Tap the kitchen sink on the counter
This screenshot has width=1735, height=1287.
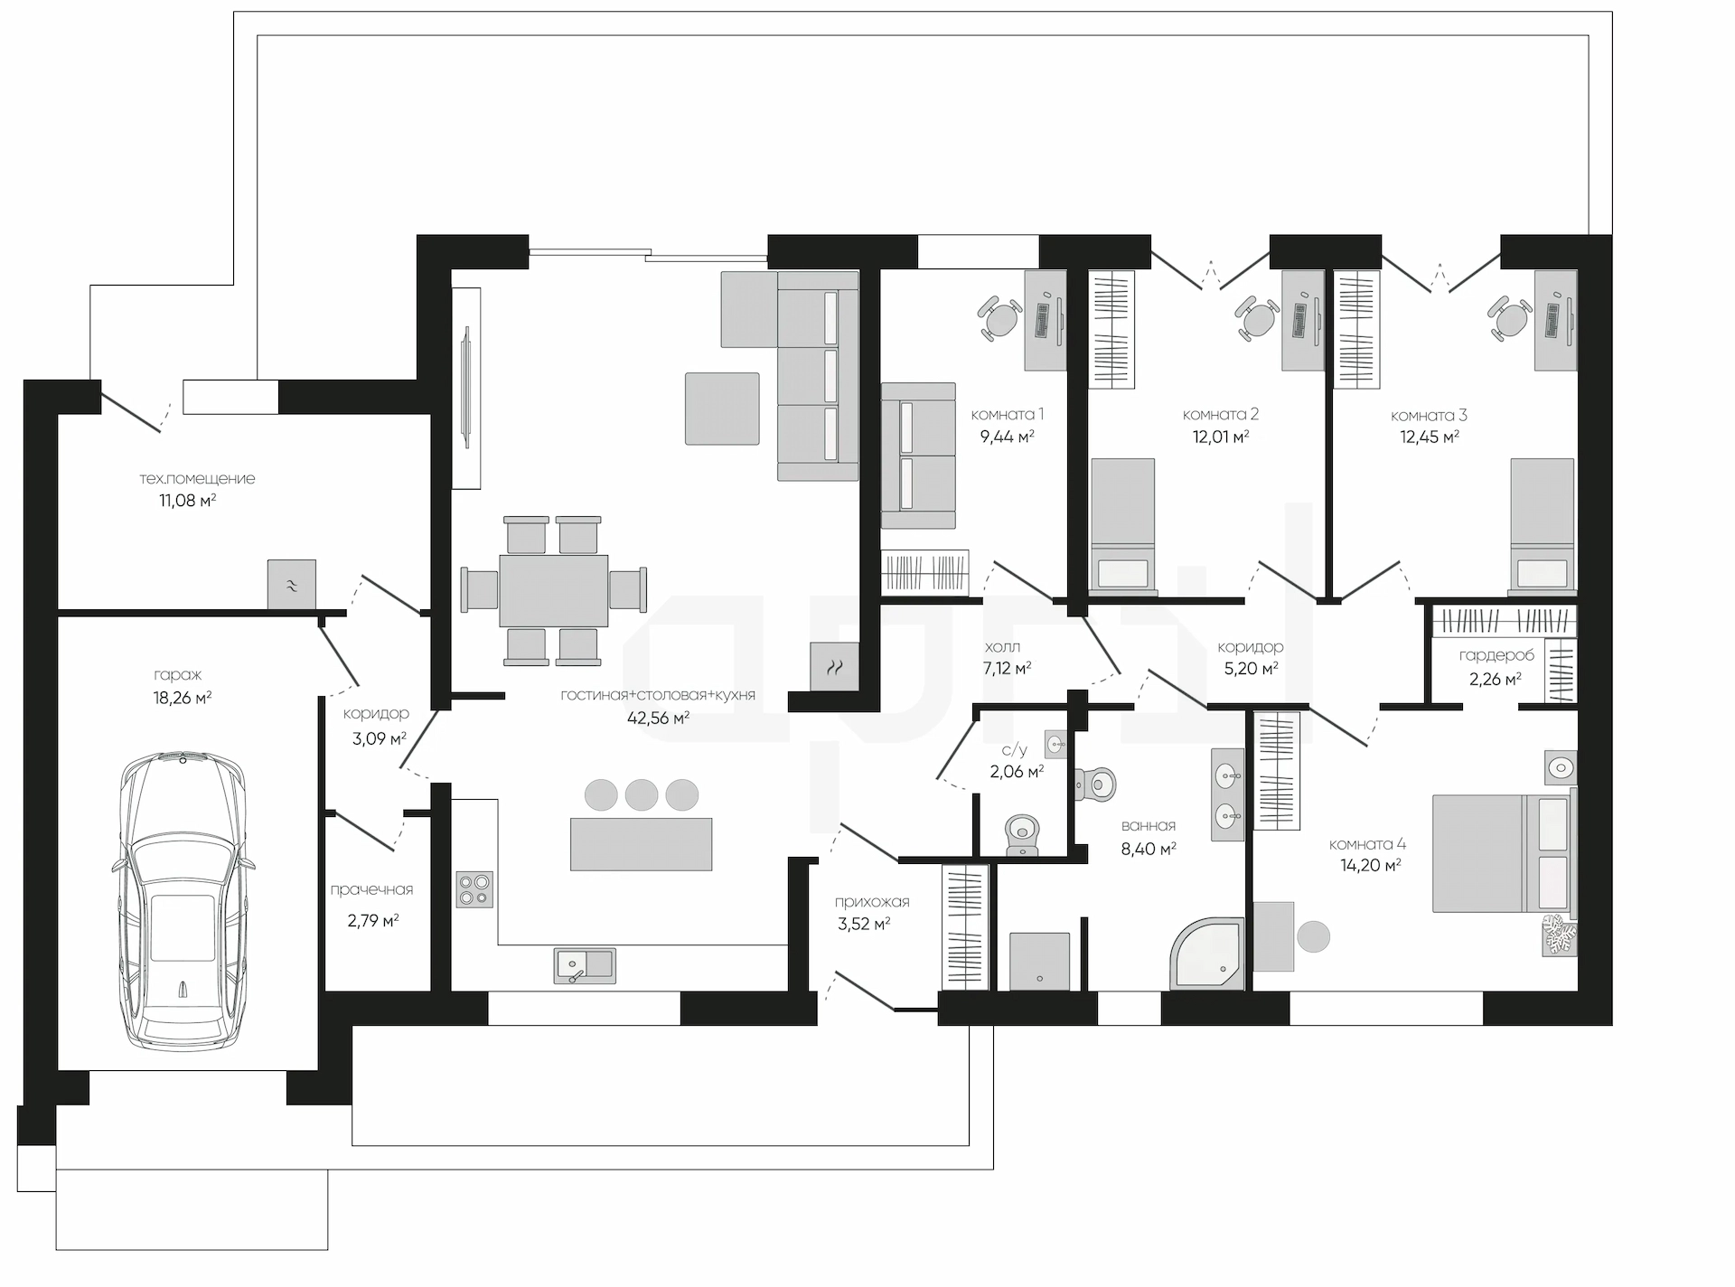point(585,965)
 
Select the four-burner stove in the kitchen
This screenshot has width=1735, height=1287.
point(474,888)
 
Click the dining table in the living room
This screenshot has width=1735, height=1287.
point(553,590)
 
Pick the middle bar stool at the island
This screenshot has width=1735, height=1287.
point(642,794)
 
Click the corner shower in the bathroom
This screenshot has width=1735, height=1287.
point(1208,954)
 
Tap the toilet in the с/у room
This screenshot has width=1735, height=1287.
point(1022,834)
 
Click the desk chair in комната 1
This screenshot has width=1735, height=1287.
point(999,318)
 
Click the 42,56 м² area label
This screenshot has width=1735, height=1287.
point(659,719)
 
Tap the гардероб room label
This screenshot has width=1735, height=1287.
point(1496,655)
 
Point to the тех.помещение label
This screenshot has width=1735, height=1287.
point(197,478)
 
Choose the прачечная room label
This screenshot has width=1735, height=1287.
point(371,889)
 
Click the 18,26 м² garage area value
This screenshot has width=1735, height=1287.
point(183,697)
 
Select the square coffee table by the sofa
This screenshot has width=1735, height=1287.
point(722,409)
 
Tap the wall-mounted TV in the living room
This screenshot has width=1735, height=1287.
point(466,387)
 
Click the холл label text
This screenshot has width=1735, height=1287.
point(1002,647)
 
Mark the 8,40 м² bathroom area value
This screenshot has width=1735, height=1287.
point(1149,849)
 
